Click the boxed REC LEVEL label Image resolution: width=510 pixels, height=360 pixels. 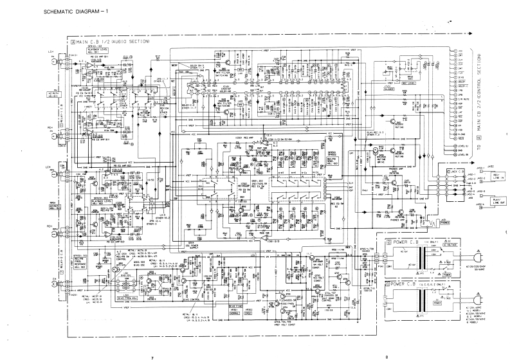pyautogui.click(x=410, y=83)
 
